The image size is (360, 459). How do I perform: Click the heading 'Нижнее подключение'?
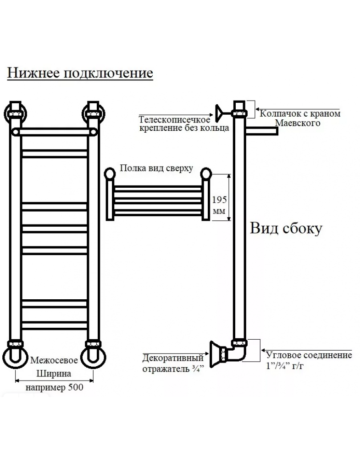[x=80, y=73]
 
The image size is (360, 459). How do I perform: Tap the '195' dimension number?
[x=219, y=200]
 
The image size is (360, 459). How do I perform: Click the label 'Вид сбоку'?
[x=286, y=228]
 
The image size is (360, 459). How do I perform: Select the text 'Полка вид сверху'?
[x=156, y=168]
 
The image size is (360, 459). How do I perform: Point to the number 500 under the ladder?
[x=76, y=387]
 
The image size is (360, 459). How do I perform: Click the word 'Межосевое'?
[x=54, y=360]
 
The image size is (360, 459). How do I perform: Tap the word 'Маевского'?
[x=298, y=123]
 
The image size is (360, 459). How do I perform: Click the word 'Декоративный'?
[x=173, y=358]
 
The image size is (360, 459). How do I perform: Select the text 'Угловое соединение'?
[x=309, y=355]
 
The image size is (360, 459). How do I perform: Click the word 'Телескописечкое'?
[x=174, y=119]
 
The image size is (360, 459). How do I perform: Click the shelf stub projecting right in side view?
[x=261, y=131]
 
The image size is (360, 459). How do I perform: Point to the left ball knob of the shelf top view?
[x=110, y=174]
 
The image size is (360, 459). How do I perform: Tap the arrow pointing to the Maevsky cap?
[x=298, y=109]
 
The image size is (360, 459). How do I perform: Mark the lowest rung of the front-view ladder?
[x=55, y=325]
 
